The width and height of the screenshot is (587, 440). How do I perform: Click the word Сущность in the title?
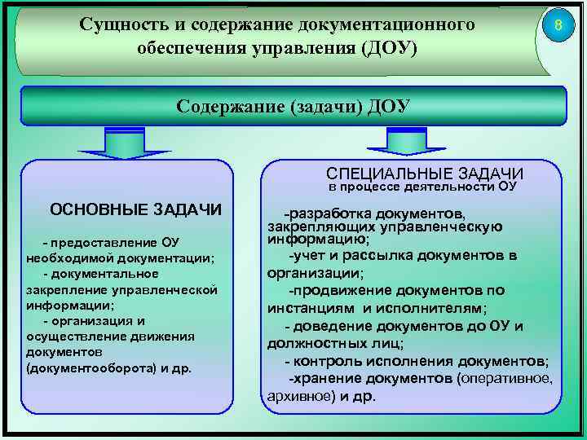click(120, 24)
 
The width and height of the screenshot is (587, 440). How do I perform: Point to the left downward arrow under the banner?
click(124, 144)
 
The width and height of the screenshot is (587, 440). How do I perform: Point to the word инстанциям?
click(312, 309)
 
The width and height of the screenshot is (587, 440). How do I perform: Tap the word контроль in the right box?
click(320, 361)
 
